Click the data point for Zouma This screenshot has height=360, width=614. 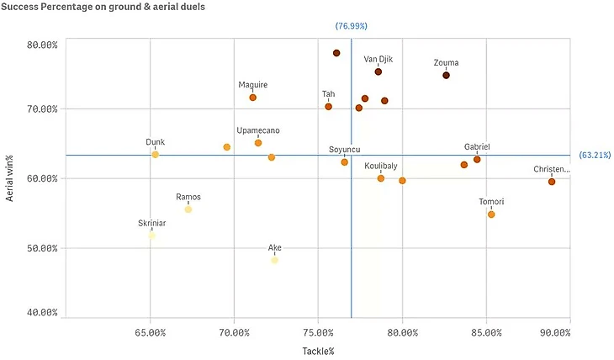point(446,75)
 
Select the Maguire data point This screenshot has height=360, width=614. point(252,98)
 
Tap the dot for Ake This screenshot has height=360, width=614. point(274,260)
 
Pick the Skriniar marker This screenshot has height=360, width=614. point(151,236)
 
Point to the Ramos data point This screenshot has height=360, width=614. point(188,209)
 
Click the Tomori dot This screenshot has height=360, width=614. point(491,214)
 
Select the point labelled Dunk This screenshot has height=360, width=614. point(155,155)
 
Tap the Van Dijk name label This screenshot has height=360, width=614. point(378,60)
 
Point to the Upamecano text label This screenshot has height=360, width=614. point(258,130)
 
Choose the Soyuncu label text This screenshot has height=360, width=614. point(344,150)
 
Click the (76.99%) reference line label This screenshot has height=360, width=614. point(352,26)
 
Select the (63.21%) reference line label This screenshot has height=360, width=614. point(595,156)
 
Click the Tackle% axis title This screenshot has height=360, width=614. point(318,351)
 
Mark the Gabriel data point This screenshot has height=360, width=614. point(477,159)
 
